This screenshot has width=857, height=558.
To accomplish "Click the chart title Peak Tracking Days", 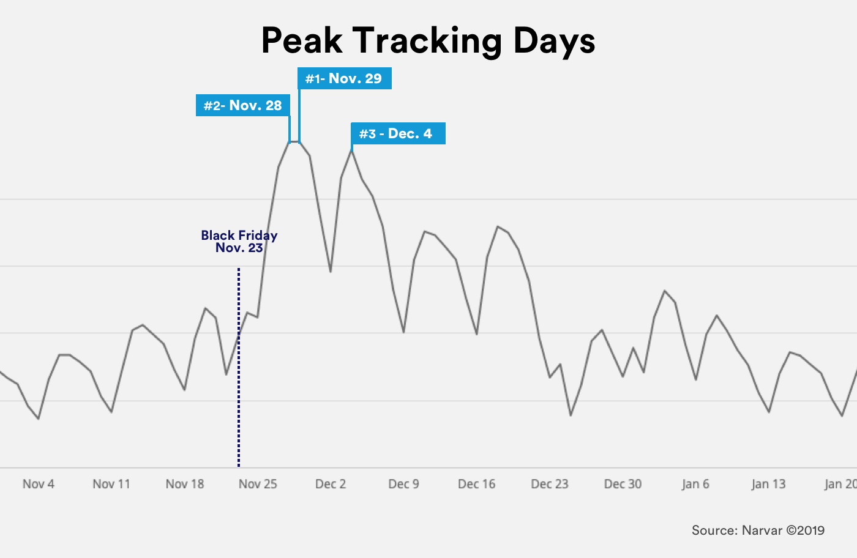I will (x=428, y=41).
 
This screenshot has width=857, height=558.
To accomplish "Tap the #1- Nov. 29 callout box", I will (x=344, y=78).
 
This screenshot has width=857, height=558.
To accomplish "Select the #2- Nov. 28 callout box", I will (x=242, y=105).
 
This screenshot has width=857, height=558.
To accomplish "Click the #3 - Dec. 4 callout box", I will (x=397, y=133).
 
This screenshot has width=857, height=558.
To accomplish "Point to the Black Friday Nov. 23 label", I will (x=239, y=242).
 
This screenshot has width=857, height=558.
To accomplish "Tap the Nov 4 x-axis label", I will (x=39, y=484).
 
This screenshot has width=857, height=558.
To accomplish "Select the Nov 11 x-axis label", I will (x=111, y=484).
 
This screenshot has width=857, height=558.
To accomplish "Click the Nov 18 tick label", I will (x=185, y=484).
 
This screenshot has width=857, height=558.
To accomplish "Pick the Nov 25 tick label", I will (x=258, y=484).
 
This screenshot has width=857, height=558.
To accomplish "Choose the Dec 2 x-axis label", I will (x=331, y=484).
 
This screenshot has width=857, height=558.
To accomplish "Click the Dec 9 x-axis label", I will (x=404, y=484).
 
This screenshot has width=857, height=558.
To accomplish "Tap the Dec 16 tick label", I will (x=477, y=484).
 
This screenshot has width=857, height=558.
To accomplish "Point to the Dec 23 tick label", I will (x=550, y=484).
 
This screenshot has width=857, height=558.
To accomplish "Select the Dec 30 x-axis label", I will (x=623, y=484).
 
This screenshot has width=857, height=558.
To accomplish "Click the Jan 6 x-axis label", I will (x=696, y=484).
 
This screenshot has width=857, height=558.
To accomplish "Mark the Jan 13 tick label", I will (x=769, y=484).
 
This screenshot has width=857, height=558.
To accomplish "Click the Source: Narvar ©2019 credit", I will (x=758, y=530).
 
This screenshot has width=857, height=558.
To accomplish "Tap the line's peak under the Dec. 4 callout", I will (x=352, y=149).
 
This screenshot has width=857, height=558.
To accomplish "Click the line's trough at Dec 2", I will (x=331, y=271).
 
